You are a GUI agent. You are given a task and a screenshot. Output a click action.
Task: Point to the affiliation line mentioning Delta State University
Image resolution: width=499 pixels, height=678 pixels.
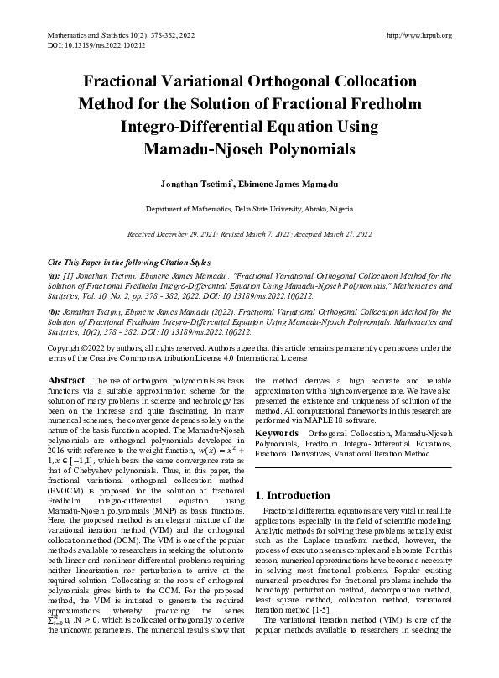click(249, 208)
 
